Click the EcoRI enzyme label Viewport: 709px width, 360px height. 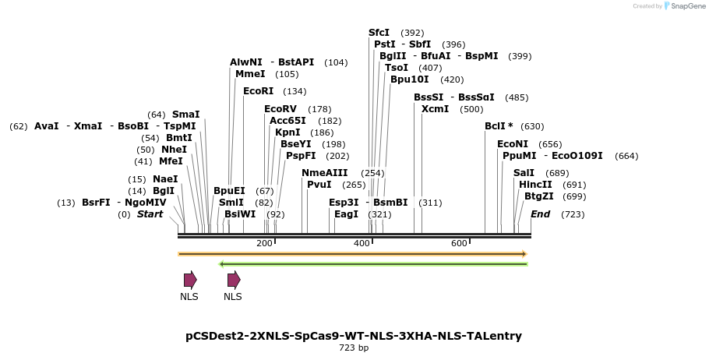258,91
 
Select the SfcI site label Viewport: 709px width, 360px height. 379,33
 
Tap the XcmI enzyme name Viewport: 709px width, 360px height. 435,109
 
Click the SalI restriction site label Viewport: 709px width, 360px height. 524,173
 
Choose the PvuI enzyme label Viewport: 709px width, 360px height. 319,185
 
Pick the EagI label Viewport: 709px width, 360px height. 346,214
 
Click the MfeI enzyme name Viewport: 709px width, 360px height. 171,161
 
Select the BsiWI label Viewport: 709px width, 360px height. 240,214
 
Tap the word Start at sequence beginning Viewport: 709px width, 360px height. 151,214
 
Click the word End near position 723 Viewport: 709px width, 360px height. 540,214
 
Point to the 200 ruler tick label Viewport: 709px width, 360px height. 264,244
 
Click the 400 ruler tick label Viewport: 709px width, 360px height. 362,244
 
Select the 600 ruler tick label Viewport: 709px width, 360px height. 459,244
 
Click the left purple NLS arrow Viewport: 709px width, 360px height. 190,280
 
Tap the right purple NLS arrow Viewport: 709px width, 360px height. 234,280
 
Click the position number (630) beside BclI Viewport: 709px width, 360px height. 532,126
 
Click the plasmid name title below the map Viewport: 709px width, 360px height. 354,336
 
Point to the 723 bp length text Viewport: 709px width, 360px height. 354,348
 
